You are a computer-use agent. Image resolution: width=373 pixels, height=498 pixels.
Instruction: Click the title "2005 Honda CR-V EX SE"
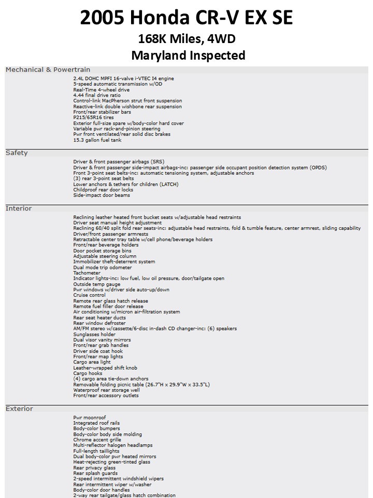[x=187, y=18]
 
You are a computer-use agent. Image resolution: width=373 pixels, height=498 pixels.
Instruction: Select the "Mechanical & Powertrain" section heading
[x=48, y=70]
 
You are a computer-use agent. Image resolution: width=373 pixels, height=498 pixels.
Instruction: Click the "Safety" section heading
[x=17, y=153]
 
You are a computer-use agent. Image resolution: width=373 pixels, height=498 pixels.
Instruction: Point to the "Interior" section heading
[x=19, y=209]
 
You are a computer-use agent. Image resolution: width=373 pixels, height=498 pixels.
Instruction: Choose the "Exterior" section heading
[x=19, y=409]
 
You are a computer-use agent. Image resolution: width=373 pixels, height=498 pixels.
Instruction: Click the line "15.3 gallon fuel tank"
[x=97, y=140]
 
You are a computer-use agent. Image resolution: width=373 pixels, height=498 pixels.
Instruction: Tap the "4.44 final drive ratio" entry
[x=96, y=95]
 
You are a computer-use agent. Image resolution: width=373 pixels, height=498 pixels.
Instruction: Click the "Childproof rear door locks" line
[x=103, y=190]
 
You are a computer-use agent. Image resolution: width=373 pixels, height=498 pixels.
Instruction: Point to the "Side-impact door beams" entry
[x=102, y=196]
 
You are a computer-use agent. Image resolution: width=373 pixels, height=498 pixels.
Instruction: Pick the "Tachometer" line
[x=87, y=273]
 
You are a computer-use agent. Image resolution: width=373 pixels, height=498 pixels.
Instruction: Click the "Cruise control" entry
[x=89, y=296]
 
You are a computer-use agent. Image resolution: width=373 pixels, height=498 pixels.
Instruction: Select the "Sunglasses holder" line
[x=94, y=335]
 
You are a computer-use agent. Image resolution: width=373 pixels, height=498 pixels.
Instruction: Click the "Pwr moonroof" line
[x=89, y=418]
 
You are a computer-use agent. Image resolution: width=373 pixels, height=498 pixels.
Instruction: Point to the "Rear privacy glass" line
[x=94, y=468]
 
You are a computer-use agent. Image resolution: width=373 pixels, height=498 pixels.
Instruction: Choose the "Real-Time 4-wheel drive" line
[x=101, y=90]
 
